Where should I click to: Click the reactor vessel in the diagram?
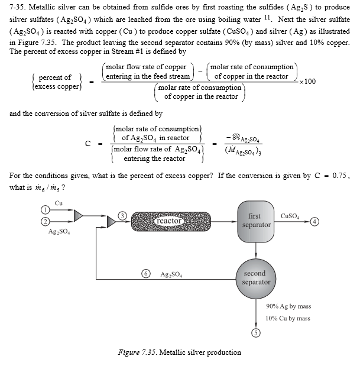click(x=169, y=221)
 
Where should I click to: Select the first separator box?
click(x=256, y=220)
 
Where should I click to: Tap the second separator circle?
click(x=255, y=277)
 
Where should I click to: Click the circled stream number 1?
click(x=44, y=211)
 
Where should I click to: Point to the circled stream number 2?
click(x=44, y=221)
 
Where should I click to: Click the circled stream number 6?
click(x=145, y=274)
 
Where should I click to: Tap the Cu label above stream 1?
click(x=59, y=203)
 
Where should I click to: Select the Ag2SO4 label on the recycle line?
click(x=171, y=275)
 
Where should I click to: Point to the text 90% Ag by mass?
click(x=288, y=306)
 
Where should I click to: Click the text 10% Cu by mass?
click(x=288, y=318)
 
